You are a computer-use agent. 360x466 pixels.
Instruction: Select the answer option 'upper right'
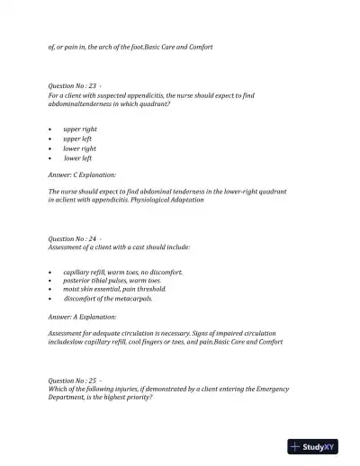click(80, 130)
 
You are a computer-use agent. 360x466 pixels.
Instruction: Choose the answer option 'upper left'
click(78, 139)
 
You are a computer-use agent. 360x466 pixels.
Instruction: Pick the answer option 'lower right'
click(80, 148)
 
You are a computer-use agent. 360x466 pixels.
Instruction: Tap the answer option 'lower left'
click(78, 158)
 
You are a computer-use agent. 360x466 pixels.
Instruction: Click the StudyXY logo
click(312, 447)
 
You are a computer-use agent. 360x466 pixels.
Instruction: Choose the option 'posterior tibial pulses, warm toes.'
click(112, 281)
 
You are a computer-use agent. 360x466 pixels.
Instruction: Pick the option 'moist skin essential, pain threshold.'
click(115, 290)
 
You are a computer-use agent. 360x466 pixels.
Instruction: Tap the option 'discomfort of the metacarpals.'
click(108, 299)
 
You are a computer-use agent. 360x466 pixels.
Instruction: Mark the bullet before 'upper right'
click(50, 130)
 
